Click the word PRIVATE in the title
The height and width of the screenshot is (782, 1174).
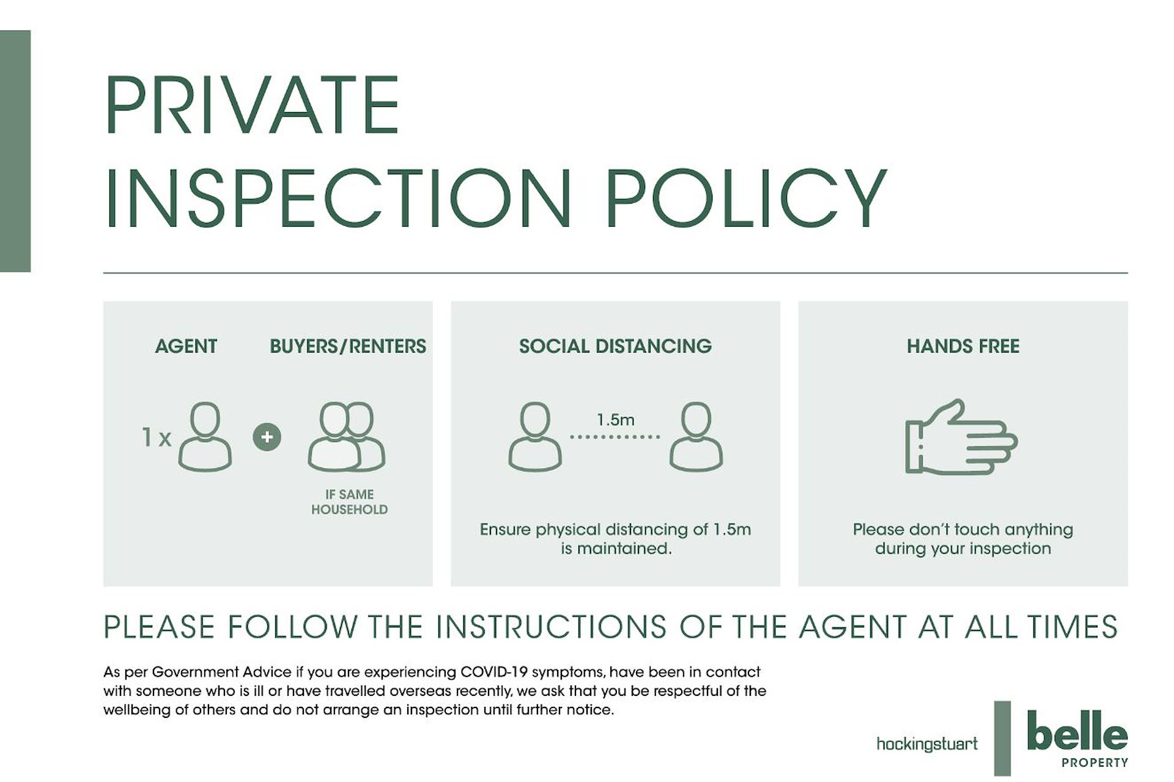(252, 104)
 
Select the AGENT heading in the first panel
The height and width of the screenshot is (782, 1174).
(186, 346)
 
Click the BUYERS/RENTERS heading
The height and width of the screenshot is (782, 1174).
(348, 346)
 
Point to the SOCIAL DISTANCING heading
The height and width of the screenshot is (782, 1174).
(615, 346)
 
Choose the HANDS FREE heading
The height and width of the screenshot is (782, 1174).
(963, 346)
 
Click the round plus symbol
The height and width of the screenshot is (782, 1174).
(267, 437)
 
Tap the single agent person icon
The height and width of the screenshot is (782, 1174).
(205, 437)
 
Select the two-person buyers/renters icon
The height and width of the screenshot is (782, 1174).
(346, 437)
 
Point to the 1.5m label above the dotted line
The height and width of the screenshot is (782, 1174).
(615, 420)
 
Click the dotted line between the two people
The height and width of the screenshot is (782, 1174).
(615, 437)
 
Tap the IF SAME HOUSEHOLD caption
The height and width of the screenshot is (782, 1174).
(349, 502)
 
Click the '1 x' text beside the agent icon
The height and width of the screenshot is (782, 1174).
(157, 437)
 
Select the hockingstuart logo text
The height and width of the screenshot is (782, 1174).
(927, 744)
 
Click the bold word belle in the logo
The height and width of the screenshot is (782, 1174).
(1077, 731)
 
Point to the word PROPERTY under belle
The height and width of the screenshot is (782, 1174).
(1095, 762)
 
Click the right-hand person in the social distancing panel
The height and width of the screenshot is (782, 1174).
(696, 437)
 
